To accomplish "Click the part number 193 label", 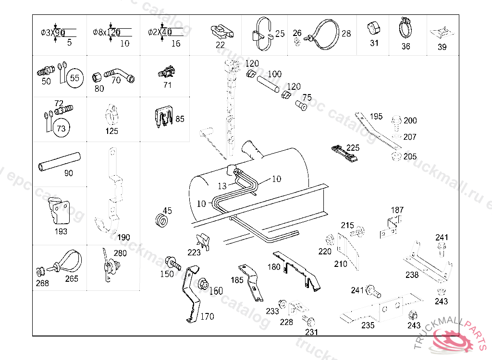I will [x=61, y=231].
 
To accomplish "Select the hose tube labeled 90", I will [x=59, y=161].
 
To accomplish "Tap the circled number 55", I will [x=75, y=78].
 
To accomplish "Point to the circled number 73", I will [x=61, y=128].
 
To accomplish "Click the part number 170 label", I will [x=207, y=317].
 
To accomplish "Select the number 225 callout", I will [x=353, y=148].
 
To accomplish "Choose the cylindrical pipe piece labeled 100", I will [x=267, y=84].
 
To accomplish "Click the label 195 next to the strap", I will [x=376, y=117].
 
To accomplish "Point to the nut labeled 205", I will [x=397, y=156].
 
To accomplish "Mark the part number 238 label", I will [x=412, y=275].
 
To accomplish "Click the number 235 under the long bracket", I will [x=368, y=325].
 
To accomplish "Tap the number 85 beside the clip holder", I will [x=180, y=119].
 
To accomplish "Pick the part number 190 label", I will [x=123, y=238].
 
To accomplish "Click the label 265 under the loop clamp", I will [x=72, y=279].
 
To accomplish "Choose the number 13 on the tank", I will [x=221, y=186].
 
